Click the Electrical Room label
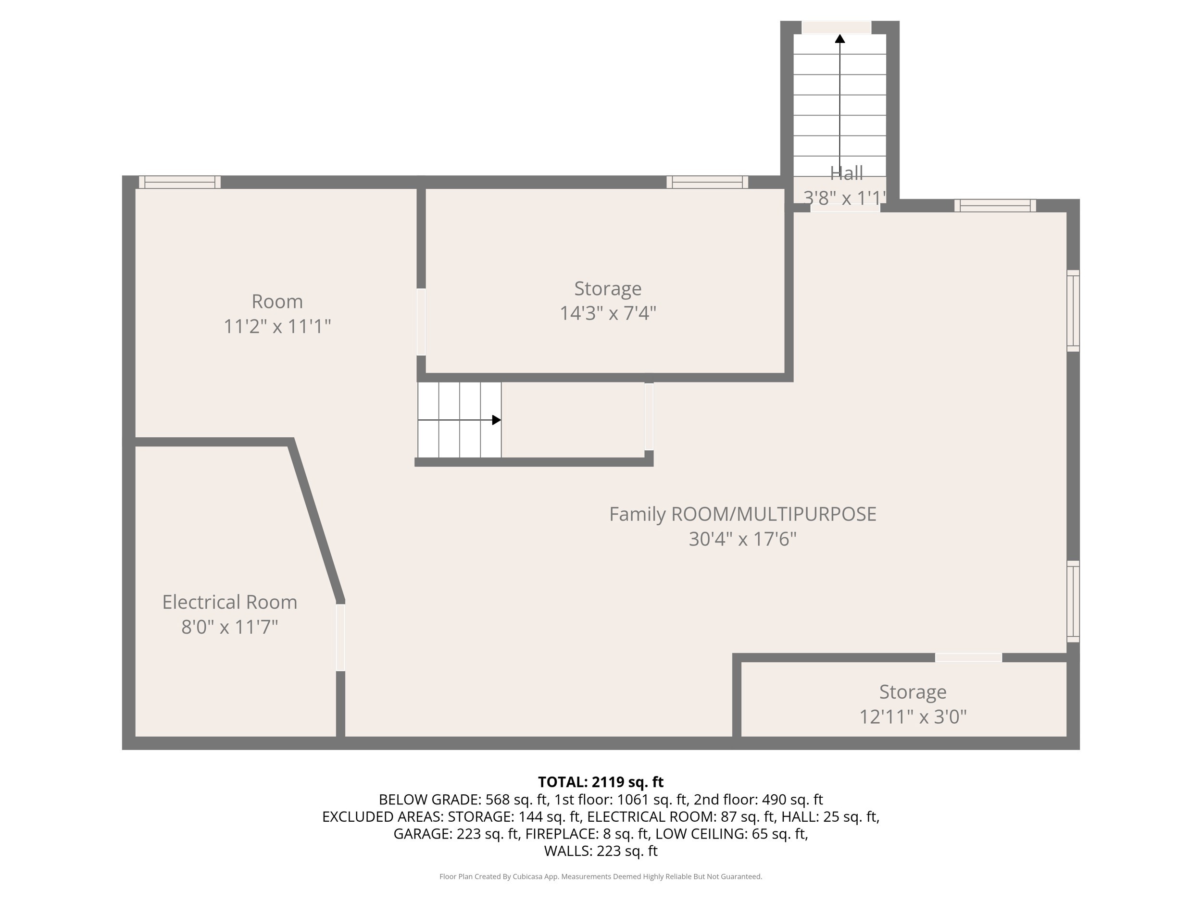(229, 602)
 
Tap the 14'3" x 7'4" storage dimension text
(608, 313)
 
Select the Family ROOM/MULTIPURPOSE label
(742, 514)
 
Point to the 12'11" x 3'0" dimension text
(913, 717)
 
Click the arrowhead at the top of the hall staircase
(840, 38)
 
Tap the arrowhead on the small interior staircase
(497, 420)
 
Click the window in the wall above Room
(180, 182)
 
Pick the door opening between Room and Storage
(421, 322)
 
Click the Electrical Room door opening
(341, 637)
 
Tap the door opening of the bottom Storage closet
(968, 658)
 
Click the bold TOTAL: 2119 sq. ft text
(601, 782)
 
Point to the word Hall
(846, 173)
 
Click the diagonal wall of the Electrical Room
(316, 521)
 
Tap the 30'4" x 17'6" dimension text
(743, 539)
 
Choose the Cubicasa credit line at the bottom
(601, 876)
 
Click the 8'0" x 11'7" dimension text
(229, 627)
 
